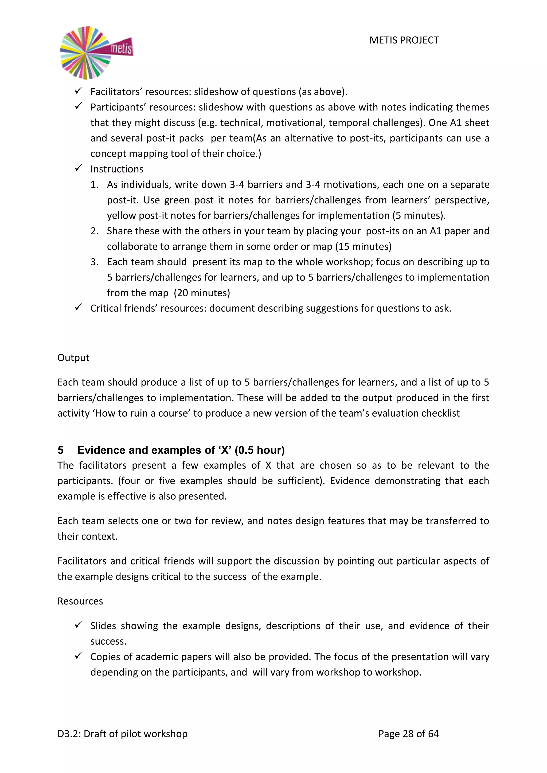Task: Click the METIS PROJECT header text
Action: coord(404,40)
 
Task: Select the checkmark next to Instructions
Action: coord(78,168)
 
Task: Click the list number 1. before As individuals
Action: coord(94,185)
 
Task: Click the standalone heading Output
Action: coord(73,358)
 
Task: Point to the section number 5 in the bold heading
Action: coord(60,450)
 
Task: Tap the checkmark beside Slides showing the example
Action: coord(78,625)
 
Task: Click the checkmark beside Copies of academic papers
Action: coord(78,656)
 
